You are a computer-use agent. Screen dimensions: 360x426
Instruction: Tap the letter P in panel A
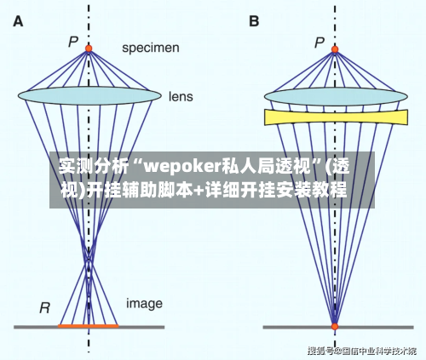[73, 41]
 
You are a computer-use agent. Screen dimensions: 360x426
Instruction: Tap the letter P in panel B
[319, 42]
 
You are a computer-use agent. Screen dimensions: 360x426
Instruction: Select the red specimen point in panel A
[89, 49]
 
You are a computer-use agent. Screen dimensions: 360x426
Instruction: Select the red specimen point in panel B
[335, 49]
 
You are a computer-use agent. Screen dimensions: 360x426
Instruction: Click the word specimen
[150, 49]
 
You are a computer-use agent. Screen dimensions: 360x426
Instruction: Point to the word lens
[183, 96]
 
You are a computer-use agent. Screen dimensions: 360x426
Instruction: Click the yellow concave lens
[335, 117]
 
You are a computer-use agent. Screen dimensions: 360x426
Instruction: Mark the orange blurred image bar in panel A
[89, 326]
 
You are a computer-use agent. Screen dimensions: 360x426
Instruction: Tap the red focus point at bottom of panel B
[335, 325]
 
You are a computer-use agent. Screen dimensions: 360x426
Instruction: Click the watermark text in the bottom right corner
[367, 350]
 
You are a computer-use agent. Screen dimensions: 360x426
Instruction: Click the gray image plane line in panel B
[383, 326]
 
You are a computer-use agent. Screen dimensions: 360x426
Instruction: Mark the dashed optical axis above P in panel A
[89, 21]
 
